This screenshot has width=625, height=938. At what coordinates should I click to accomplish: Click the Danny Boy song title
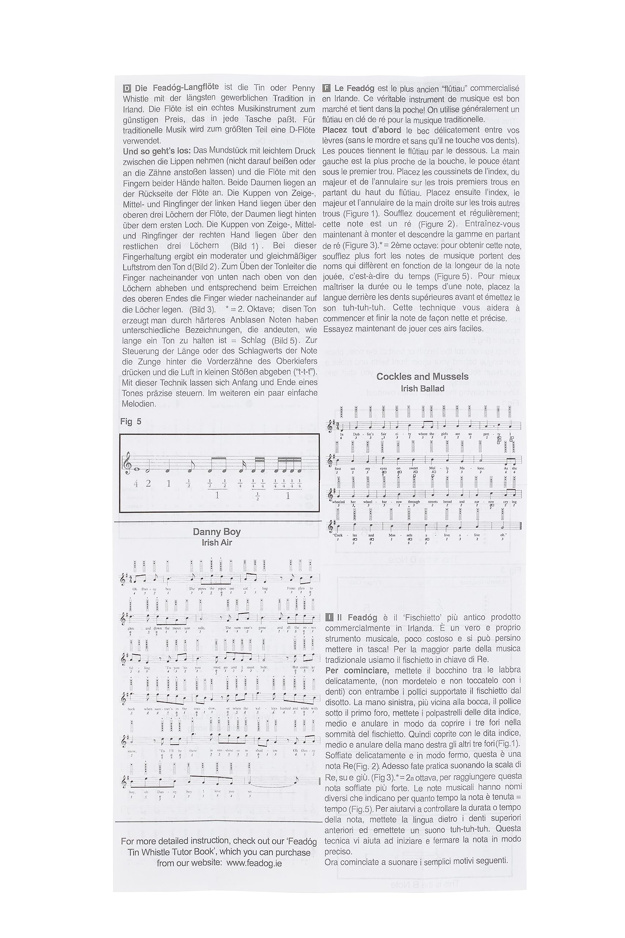point(216,532)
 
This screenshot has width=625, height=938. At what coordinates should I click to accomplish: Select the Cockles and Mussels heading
point(422,376)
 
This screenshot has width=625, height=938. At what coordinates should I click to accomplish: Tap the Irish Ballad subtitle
point(423,388)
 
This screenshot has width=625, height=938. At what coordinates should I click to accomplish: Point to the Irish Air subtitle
point(216,542)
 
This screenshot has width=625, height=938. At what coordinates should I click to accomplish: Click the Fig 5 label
point(131,421)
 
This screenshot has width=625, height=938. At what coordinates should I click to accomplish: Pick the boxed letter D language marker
point(127,89)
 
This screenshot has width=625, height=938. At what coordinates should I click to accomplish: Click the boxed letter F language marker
point(327,89)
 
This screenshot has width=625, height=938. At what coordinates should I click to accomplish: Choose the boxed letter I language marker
point(329,618)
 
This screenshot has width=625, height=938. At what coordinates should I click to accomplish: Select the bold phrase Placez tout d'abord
point(361,130)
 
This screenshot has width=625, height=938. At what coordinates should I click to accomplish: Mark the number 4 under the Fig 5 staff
point(135,484)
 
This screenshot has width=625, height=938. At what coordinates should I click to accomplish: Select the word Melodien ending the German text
point(138,403)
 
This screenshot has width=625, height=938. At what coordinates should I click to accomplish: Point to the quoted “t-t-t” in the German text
point(304,372)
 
